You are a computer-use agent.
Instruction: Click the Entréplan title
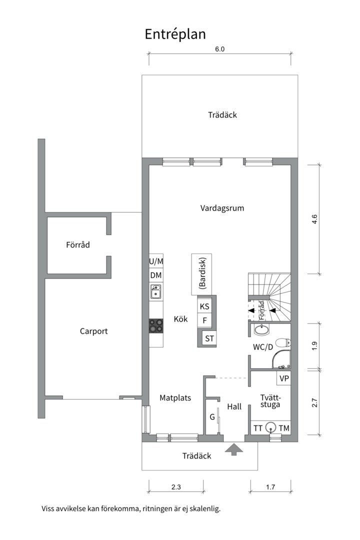coord(175,34)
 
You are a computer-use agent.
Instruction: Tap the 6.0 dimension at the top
coord(220,49)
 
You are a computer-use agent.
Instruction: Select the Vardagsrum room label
coord(222,208)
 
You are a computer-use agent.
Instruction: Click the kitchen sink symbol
coord(156,291)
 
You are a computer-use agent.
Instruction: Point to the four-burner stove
coord(155,326)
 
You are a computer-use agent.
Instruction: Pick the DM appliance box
coord(155,275)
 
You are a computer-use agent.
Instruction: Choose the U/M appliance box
coord(155,261)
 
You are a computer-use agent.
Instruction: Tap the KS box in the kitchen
coord(204,306)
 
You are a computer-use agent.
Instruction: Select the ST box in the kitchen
coord(209,338)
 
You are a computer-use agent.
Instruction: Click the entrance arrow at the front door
coord(234,449)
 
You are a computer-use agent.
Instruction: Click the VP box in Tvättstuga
coord(284,378)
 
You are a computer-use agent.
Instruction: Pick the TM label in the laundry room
coord(284,428)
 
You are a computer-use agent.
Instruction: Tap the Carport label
coord(93,331)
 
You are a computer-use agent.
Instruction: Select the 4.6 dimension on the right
coord(314,219)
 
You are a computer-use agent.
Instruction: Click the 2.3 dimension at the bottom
coord(176,487)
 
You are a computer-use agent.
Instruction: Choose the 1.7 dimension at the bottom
coord(270,487)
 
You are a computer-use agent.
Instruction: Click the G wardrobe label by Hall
coord(212,417)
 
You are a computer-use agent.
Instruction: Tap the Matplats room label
coord(175,398)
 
